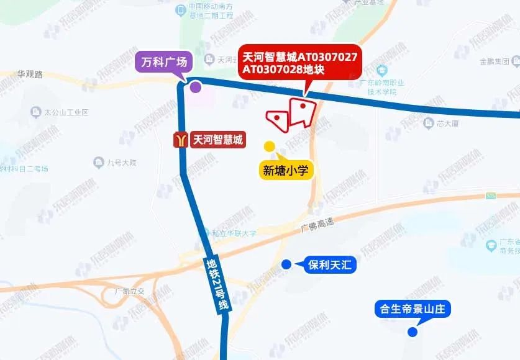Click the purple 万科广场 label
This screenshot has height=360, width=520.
click(164, 63)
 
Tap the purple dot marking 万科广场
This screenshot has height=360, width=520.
click(195, 87)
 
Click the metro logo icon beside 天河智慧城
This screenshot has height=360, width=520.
click(181, 140)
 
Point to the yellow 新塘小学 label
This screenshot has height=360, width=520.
click(286, 171)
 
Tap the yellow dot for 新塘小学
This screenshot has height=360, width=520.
click(270, 146)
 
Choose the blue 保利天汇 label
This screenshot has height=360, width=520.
click(329, 266)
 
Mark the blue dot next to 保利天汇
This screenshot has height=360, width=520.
click(286, 264)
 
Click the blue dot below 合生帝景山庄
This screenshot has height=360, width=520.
click(412, 332)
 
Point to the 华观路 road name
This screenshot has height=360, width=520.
click(29, 74)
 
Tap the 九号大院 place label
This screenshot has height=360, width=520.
click(121, 163)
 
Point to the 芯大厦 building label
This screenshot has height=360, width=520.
click(447, 124)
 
